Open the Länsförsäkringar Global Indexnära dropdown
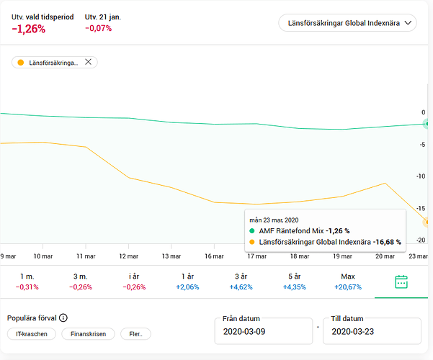[347, 24]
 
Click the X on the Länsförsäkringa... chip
[88, 62]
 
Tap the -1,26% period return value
[29, 30]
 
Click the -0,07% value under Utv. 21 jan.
[98, 29]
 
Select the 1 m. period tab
[27, 282]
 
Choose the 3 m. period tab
[81, 282]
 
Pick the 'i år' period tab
[134, 282]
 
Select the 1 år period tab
[188, 282]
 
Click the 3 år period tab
[241, 282]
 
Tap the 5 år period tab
[295, 282]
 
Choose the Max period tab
[348, 282]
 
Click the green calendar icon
[401, 282]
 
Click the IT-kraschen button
[31, 334]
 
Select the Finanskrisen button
[88, 334]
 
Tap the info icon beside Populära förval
[63, 318]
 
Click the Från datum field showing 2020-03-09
[264, 331]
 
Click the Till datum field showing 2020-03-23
[372, 331]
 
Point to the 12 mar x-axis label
[130, 256]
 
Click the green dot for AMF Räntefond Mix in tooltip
[253, 230]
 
